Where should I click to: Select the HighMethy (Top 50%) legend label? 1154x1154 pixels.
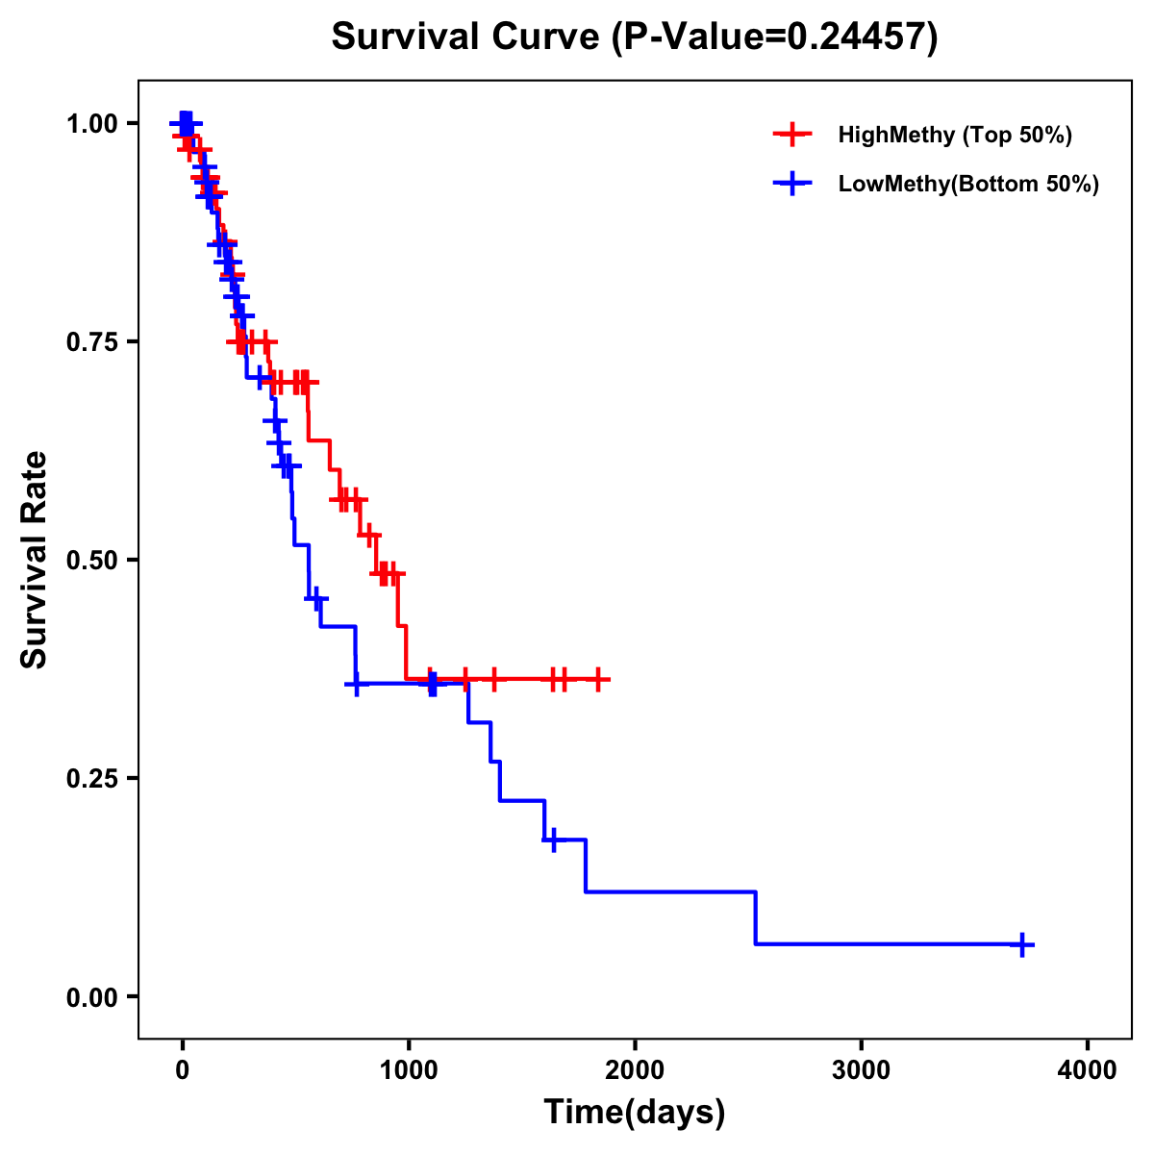(955, 135)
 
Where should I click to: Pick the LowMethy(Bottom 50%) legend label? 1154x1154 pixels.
(968, 185)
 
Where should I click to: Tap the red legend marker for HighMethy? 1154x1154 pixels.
(792, 135)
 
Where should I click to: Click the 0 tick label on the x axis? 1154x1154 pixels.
(182, 1069)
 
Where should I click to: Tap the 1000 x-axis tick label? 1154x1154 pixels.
(408, 1069)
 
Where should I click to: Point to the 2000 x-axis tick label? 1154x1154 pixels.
(635, 1069)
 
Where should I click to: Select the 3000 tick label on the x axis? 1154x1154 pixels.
(861, 1069)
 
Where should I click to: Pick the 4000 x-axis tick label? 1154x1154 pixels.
(1088, 1069)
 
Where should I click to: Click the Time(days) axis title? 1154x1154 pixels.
(635, 1113)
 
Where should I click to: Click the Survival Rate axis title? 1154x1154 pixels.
(36, 560)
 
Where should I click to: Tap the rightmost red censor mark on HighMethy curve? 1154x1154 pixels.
(598, 679)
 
